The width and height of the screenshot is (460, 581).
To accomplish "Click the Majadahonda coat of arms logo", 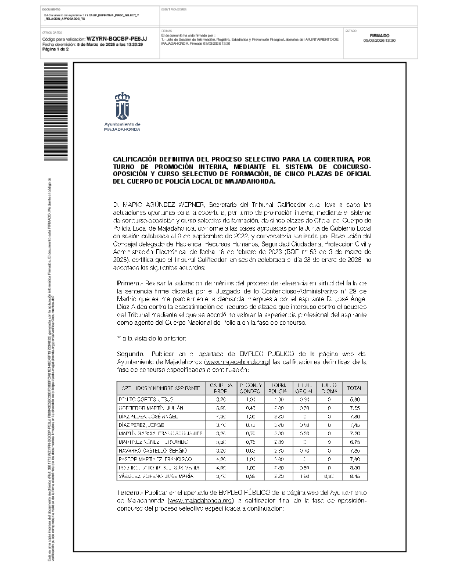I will click(x=121, y=105).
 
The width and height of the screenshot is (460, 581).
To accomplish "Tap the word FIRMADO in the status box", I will click(x=379, y=35).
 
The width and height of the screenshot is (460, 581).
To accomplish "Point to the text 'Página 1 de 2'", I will click(x=55, y=49).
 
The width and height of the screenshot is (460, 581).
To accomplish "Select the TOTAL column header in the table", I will click(x=353, y=388).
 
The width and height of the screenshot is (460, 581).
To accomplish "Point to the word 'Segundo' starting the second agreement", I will click(x=130, y=353).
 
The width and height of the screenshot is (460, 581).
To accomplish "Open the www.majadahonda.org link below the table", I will click(x=200, y=500).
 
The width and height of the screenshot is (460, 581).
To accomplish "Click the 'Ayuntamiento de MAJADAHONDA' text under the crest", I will click(x=121, y=127).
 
